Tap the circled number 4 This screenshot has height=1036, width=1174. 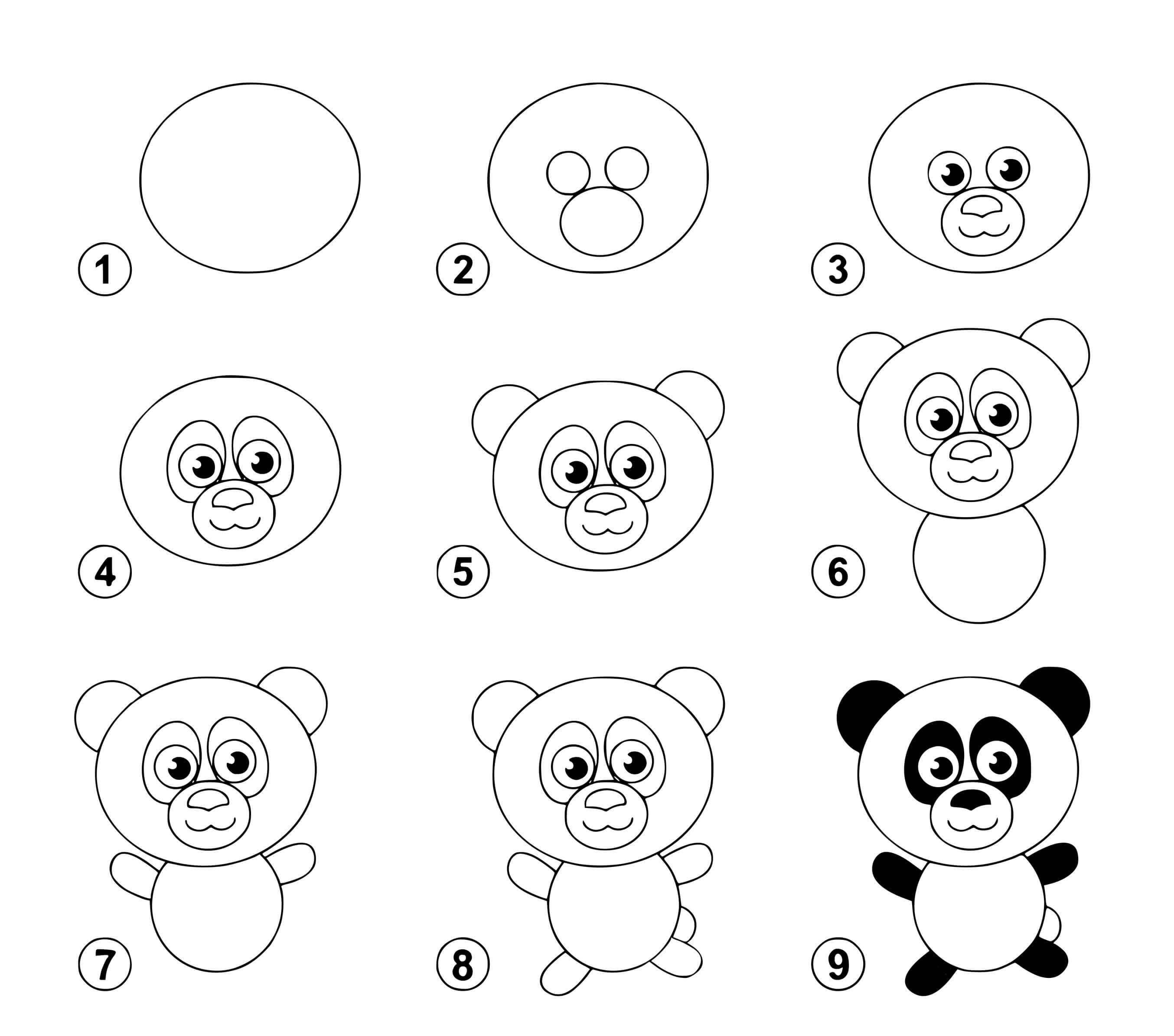[x=104, y=572]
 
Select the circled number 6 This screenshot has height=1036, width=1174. [x=838, y=572]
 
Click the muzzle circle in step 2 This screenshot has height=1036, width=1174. [x=601, y=221]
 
